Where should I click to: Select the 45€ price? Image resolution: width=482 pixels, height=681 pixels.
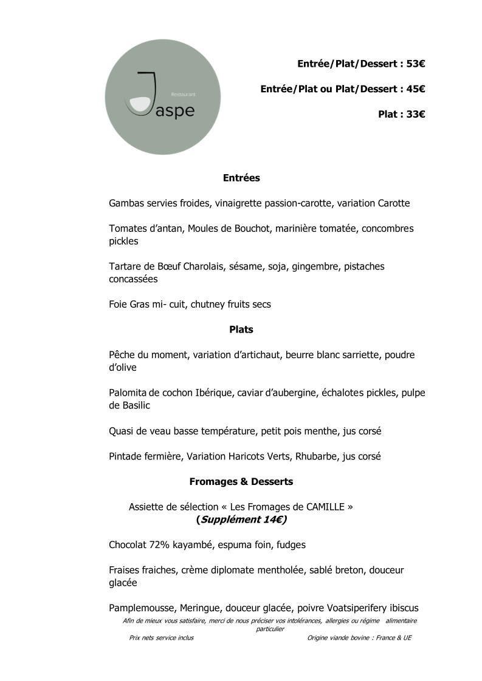point(415,89)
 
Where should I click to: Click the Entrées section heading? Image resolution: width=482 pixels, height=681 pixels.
point(241,178)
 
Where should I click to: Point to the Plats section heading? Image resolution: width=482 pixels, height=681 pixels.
point(241,330)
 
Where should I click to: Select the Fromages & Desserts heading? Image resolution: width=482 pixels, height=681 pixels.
point(241,481)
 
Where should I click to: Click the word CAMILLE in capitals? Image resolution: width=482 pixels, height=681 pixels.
point(325,507)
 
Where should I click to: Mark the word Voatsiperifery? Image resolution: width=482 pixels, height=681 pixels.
point(359,608)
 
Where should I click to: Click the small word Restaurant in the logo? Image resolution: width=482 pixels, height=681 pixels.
point(183,95)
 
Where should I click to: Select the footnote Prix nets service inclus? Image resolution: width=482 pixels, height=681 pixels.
point(162,638)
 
